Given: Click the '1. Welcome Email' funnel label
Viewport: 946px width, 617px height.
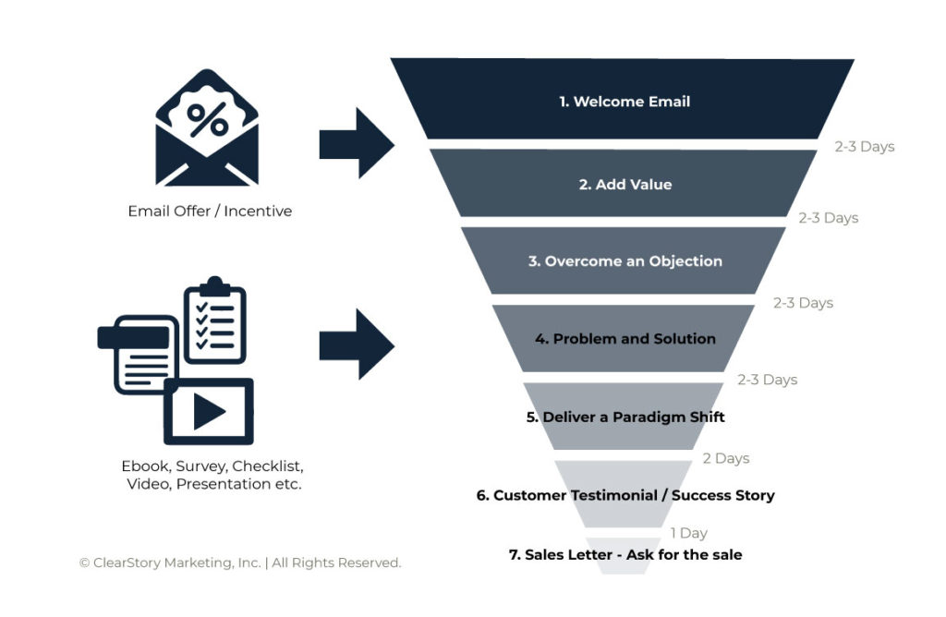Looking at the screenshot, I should click(x=625, y=102).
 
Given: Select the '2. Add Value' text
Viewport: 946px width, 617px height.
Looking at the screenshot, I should click(x=625, y=185).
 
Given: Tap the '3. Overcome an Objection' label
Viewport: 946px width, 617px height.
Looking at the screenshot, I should click(x=625, y=261).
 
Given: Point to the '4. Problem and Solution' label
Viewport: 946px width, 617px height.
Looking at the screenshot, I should click(x=625, y=339).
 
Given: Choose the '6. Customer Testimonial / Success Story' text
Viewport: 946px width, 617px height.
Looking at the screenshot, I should click(x=625, y=495).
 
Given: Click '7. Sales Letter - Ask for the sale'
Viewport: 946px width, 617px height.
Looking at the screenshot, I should click(x=625, y=555).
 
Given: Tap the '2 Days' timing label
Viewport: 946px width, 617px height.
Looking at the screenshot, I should click(x=726, y=458).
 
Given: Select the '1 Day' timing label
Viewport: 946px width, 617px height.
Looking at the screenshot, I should click(x=689, y=533).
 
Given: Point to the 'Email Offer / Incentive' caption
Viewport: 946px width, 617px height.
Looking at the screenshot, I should click(x=210, y=212).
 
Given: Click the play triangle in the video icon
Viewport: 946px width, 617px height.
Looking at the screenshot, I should click(x=210, y=412).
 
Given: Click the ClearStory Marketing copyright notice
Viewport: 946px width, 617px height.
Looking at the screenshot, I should click(x=240, y=563).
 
